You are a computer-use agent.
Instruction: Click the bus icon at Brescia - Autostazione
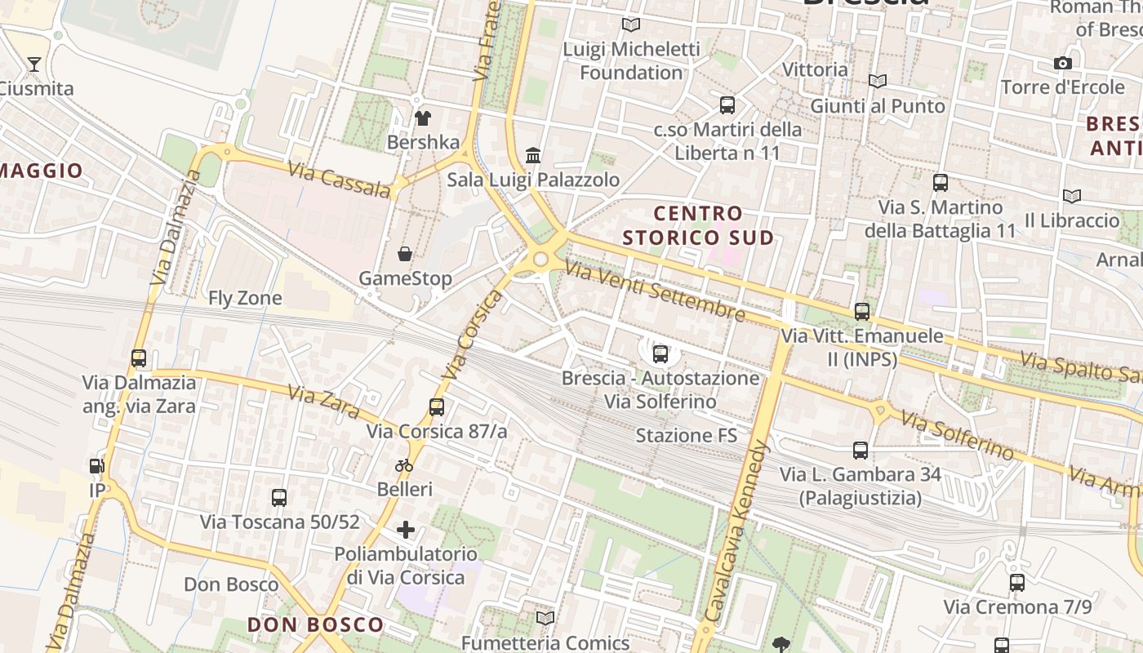coord(660,354)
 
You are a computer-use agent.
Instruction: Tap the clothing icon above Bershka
coord(422,118)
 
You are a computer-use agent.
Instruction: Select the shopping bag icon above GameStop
coord(405,254)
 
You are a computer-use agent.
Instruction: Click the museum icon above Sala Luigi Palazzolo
coord(533,155)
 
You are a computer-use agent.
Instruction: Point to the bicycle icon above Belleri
coord(404,465)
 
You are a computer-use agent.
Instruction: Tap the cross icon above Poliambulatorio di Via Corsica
coord(406,531)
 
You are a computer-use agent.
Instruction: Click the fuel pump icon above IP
coord(97,466)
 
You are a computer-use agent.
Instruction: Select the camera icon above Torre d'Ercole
coord(1062,63)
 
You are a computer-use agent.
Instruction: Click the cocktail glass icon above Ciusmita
coord(34,64)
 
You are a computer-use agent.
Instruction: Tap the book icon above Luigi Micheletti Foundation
coord(630,24)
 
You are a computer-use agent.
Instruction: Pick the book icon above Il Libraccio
coord(1072,196)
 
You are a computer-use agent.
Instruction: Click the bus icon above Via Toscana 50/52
coord(279,497)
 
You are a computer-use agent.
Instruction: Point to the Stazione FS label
coord(686,435)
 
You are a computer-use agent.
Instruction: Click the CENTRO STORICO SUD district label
coord(698,225)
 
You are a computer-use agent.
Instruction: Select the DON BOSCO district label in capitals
coord(315,625)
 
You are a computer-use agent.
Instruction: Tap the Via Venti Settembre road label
coord(654,291)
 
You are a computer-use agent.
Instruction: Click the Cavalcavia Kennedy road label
coord(736,531)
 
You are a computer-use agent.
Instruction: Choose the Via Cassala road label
coord(339,177)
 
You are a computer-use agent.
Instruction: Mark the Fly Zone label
coord(245,298)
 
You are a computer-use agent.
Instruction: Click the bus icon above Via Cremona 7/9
coord(1017,583)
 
